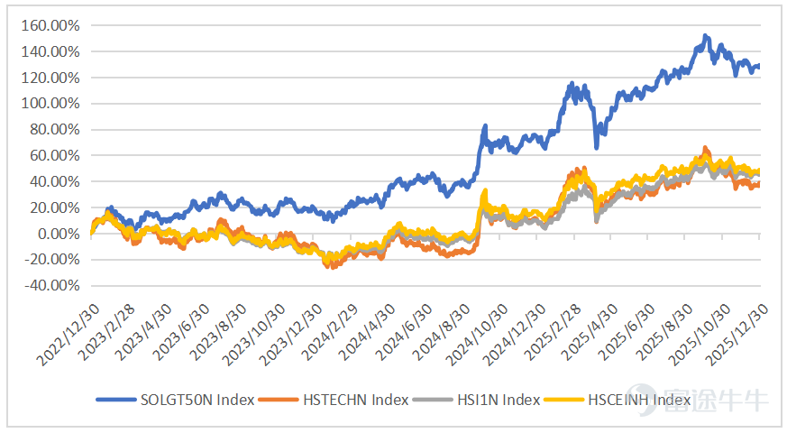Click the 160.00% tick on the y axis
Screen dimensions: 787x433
[50, 25]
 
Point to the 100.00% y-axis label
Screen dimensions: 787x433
[50, 104]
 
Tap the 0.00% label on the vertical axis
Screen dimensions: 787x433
[59, 234]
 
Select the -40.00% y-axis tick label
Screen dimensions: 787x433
[52, 286]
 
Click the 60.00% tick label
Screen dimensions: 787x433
[54, 156]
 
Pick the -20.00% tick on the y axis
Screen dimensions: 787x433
[52, 260]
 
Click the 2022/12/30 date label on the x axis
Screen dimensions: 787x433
[68, 335]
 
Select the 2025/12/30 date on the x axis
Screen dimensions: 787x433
[737, 335]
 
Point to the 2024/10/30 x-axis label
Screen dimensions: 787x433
[477, 335]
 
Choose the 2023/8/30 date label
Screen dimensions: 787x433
[218, 333]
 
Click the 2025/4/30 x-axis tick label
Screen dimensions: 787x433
[590, 333]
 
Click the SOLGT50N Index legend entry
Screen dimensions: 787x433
[176, 400]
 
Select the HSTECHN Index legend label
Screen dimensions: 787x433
[334, 400]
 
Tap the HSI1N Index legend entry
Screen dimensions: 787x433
[476, 400]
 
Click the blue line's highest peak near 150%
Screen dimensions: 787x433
[705, 37]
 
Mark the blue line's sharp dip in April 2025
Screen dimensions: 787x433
[596, 147]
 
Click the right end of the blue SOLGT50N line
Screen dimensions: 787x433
[758, 66]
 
